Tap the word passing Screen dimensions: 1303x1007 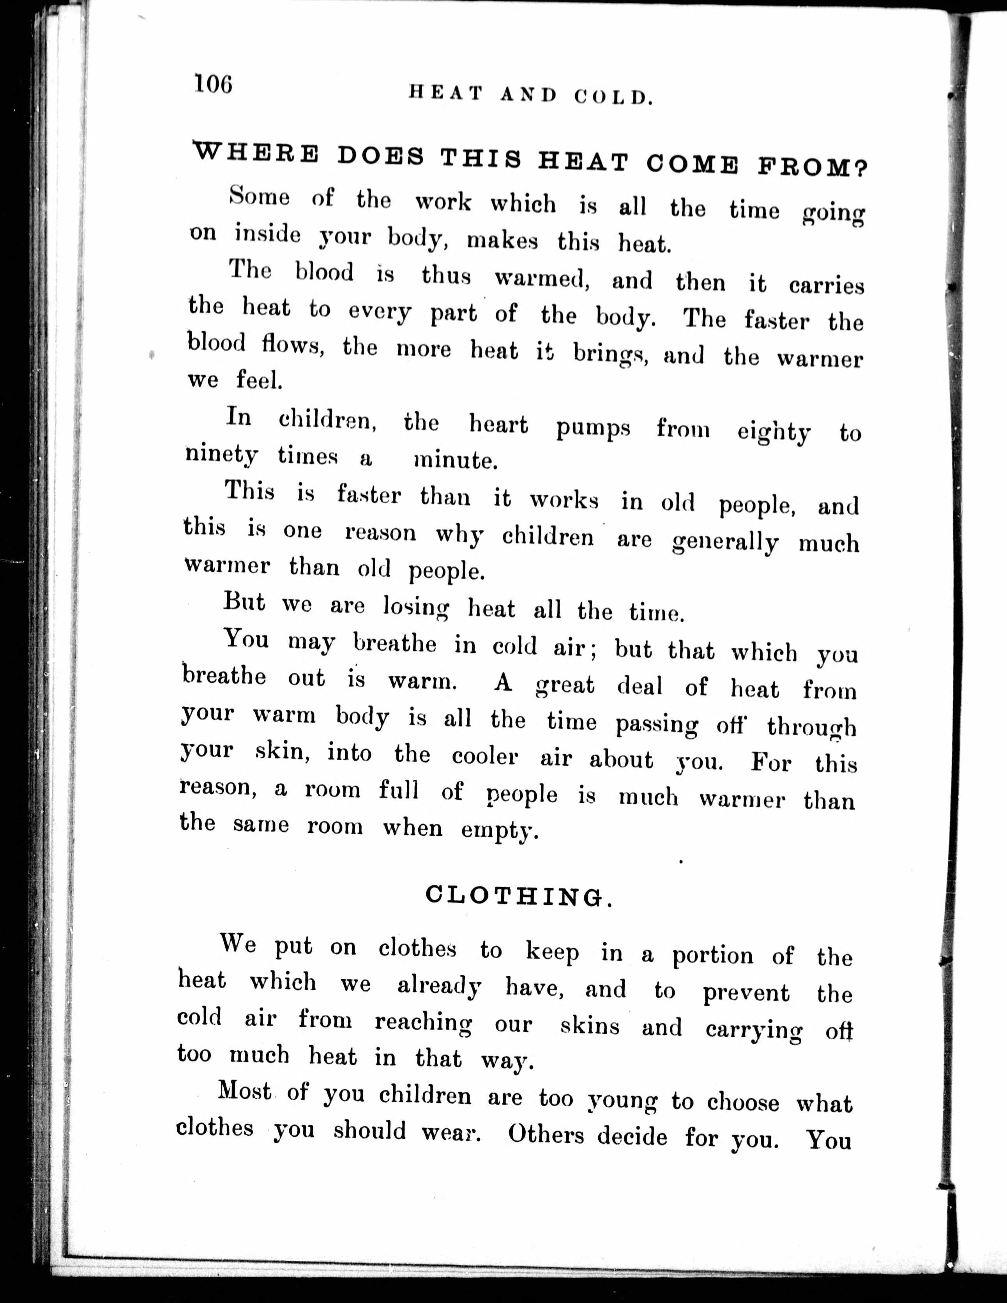tap(656, 724)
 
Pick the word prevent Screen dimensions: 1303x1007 tap(746, 993)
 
